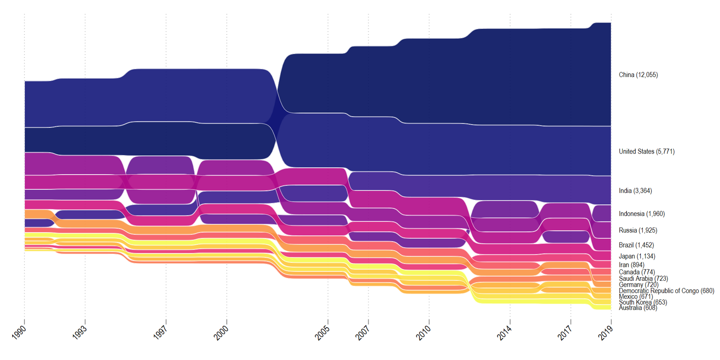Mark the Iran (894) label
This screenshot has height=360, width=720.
coord(631,265)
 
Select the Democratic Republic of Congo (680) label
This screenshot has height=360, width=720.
coord(666,291)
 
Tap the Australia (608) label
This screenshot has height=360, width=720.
coord(638,308)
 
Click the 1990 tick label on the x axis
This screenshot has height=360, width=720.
coord(19,332)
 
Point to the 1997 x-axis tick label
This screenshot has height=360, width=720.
coord(160,332)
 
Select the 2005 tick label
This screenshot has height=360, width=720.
coord(322,332)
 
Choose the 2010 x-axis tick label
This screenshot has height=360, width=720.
coord(423,332)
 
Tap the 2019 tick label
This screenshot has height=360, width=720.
coord(606,332)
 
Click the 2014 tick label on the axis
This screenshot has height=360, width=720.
coord(504,332)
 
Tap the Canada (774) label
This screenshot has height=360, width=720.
coord(637,272)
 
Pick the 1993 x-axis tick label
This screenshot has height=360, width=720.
coord(80,332)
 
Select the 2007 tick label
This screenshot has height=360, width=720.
coord(363,332)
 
